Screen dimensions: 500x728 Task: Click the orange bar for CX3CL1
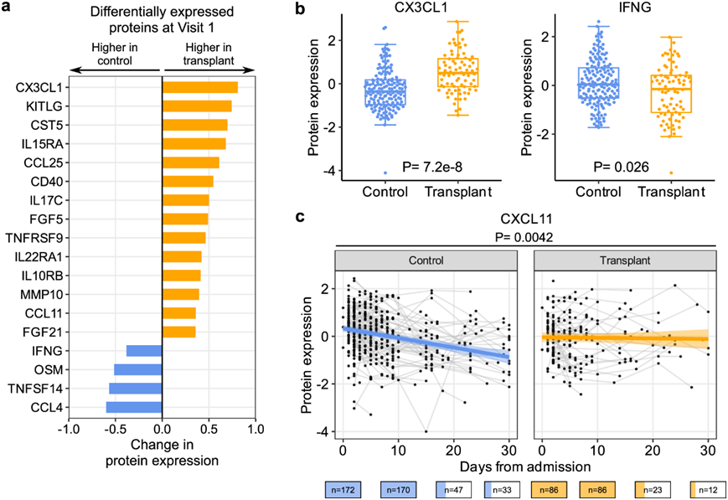click(x=200, y=87)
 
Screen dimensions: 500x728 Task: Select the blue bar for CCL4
click(x=134, y=407)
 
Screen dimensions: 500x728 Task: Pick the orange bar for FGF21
click(x=178, y=332)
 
